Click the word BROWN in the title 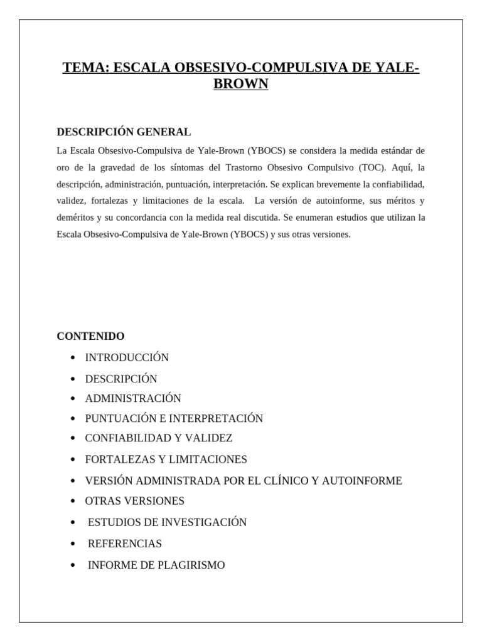pos(241,84)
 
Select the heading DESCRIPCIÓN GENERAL pos(124,132)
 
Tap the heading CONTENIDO pos(90,336)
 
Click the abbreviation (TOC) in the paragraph pos(373,168)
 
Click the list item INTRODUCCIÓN pos(127,357)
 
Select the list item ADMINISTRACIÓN pos(133,398)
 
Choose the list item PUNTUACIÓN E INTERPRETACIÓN pos(174,418)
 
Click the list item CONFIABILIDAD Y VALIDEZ pos(159,438)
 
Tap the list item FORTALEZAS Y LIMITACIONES pos(166,460)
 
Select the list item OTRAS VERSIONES pos(135,501)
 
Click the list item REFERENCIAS pos(125,544)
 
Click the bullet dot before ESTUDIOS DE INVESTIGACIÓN pos(74,523)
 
